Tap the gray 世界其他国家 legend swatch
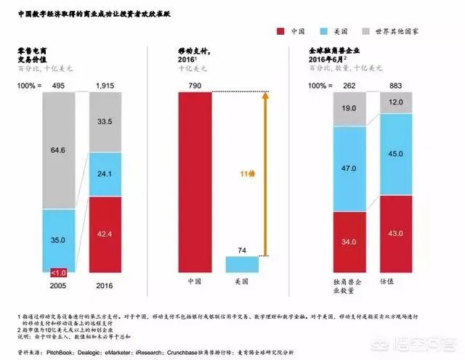(368, 32)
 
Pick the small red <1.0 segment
(58, 272)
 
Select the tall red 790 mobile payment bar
(195, 181)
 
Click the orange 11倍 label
(249, 173)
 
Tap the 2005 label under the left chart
(58, 287)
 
